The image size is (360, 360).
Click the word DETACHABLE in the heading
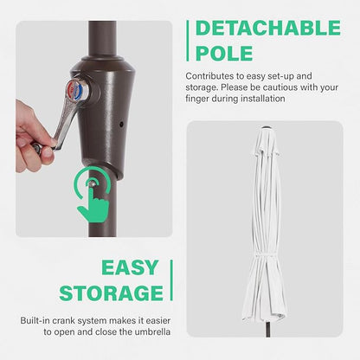268,28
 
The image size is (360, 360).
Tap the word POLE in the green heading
224,54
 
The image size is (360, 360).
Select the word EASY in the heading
130,267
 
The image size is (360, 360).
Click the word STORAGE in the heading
112,293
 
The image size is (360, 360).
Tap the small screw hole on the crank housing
121,125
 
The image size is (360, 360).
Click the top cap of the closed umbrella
266,128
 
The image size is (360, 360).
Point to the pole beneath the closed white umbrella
268,330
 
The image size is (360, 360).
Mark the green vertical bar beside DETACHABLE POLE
188,41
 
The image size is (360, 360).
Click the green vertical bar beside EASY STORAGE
171,280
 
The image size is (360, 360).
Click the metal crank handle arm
64,121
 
